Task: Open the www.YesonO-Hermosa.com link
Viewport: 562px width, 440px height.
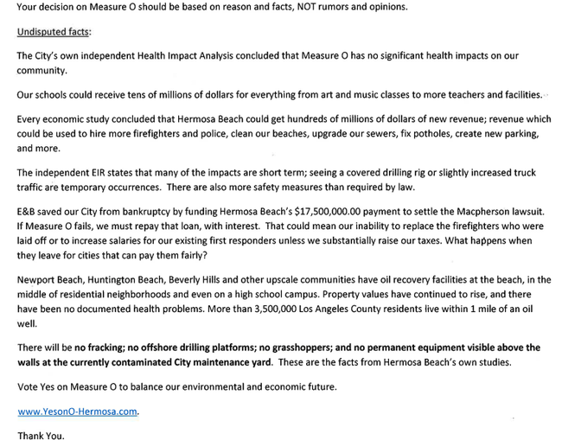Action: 77,411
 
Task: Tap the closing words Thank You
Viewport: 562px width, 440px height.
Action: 41,435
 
